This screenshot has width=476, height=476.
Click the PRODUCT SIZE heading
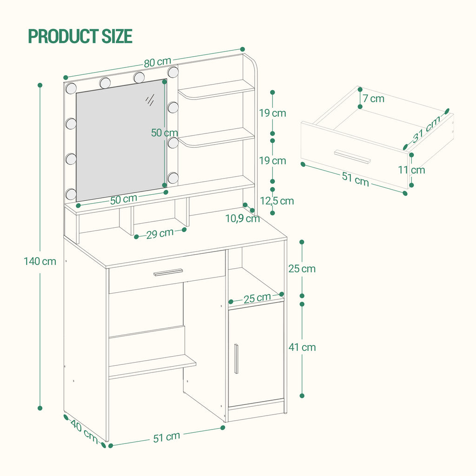80,36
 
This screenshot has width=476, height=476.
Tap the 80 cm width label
157,62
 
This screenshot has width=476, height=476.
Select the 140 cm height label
40,261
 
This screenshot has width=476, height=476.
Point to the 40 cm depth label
84,431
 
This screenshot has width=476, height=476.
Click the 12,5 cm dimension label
277,201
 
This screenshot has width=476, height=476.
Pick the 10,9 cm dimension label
242,218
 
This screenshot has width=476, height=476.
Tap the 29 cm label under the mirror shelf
160,233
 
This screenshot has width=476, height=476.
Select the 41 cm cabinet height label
302,347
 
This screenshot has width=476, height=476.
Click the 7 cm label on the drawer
373,98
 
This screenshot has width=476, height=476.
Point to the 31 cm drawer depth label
427,130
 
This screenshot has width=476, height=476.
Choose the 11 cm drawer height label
411,170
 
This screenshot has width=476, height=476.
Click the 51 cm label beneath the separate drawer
355,179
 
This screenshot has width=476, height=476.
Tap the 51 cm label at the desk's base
166,436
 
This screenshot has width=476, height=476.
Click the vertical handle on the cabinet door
236,358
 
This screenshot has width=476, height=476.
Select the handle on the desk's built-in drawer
168,272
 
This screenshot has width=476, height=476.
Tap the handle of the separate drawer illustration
352,157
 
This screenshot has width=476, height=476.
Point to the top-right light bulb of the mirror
173,72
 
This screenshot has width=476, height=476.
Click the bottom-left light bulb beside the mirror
71,194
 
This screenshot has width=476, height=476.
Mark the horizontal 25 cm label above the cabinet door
257,298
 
